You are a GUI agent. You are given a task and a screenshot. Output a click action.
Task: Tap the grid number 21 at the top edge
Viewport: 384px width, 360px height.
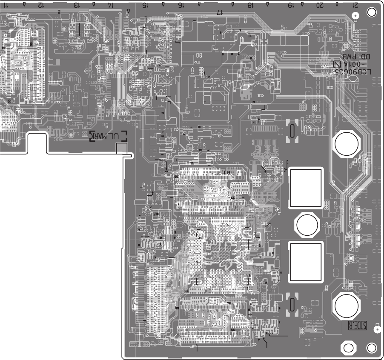(x=355, y=6)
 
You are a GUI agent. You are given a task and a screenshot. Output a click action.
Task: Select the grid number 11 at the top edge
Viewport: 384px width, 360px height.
(x=5, y=6)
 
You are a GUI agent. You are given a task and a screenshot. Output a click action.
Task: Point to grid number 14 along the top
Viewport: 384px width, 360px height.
(x=110, y=6)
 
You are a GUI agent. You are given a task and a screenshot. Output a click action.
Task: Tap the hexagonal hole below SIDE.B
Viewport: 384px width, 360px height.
(x=348, y=347)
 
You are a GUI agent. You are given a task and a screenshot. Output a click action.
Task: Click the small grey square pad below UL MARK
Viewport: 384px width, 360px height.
(x=122, y=148)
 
